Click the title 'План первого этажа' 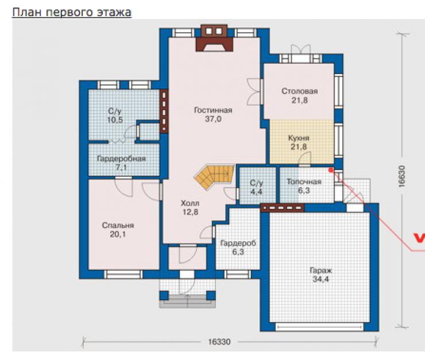(x=72, y=13)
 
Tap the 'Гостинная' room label (x=213, y=110)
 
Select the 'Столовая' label (x=300, y=91)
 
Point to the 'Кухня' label (x=299, y=138)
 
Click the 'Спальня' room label (x=118, y=226)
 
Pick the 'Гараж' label (x=321, y=270)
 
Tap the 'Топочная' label (x=304, y=182)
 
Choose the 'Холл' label (x=190, y=203)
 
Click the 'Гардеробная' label (x=121, y=158)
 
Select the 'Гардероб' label (x=238, y=243)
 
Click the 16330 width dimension (x=219, y=342)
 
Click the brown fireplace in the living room (x=215, y=38)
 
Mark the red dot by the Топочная (x=330, y=170)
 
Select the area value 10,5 (x=115, y=120)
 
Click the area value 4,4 (x=256, y=192)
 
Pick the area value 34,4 (x=321, y=279)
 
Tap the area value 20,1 (x=118, y=234)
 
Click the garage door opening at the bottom (x=319, y=327)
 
